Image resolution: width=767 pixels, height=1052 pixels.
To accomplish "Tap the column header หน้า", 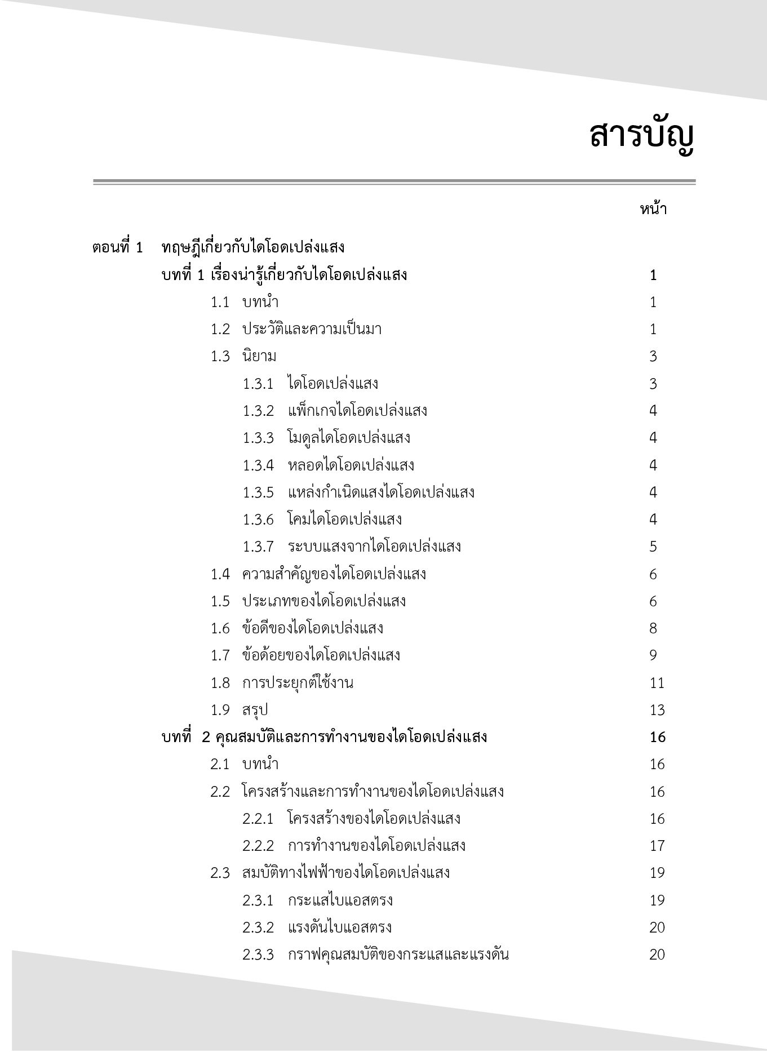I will click(x=653, y=210).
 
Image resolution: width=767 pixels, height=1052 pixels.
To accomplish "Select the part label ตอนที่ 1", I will click(x=118, y=247).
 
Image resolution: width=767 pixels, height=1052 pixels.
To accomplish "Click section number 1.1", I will click(x=220, y=303).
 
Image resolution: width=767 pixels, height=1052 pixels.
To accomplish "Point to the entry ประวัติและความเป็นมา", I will click(x=312, y=329).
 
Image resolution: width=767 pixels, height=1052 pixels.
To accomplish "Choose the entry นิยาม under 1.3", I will click(x=259, y=356).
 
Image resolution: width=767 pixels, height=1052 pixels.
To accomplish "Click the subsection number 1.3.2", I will click(x=258, y=411).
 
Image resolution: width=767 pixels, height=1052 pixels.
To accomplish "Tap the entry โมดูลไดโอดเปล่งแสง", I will click(x=349, y=438).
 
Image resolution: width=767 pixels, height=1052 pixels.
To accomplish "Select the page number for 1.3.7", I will click(x=653, y=547).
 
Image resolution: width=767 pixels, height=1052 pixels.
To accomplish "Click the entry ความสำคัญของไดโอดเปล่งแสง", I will click(x=334, y=574).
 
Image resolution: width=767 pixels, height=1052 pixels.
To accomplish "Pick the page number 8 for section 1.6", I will click(x=653, y=628).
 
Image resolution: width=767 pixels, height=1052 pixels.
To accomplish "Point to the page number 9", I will click(x=653, y=655).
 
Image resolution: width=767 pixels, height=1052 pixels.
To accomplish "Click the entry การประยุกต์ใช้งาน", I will click(x=298, y=683).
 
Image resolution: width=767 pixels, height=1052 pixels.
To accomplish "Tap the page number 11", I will click(x=657, y=683).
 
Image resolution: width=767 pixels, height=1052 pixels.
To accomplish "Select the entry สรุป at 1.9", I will click(x=255, y=710).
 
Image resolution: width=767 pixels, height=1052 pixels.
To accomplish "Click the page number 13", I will click(x=657, y=710).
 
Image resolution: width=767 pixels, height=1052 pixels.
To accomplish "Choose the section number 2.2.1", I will click(x=258, y=819).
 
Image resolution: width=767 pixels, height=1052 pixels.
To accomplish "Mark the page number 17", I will click(x=657, y=846).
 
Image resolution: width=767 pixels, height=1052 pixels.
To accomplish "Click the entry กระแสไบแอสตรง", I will click(x=340, y=900).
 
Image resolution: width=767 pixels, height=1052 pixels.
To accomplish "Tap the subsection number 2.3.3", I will click(x=258, y=955).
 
